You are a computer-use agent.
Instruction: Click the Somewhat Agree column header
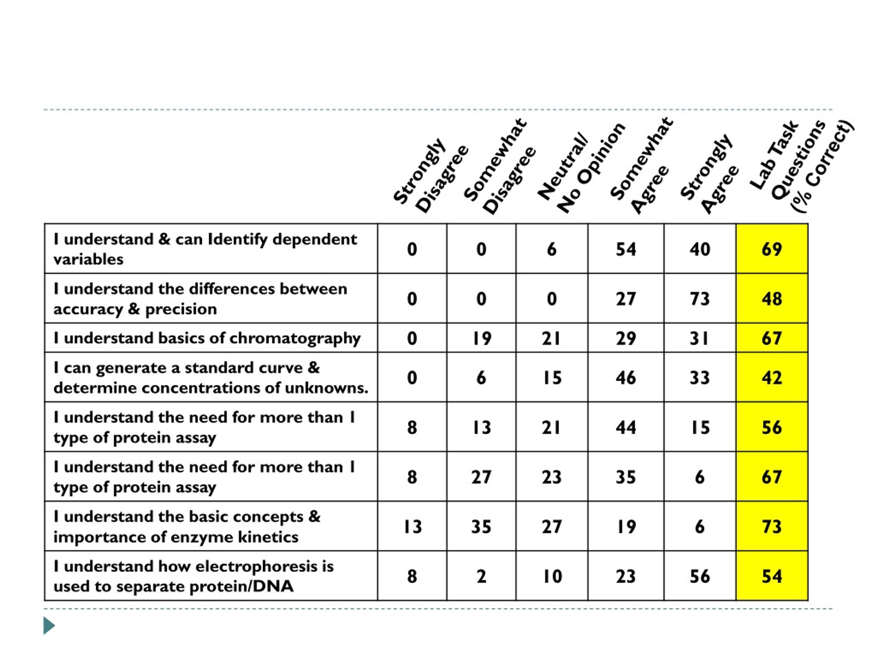click(642, 166)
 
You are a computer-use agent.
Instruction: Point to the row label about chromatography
click(207, 338)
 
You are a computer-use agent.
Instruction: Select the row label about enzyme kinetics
click(187, 526)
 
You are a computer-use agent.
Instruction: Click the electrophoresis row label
click(194, 576)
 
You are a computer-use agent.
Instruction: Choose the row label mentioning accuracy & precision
click(200, 299)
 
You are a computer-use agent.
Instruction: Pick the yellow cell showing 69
click(772, 249)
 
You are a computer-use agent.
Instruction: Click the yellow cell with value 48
click(772, 298)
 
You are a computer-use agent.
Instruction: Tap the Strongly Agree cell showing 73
click(700, 298)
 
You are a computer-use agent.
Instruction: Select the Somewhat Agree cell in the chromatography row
click(626, 338)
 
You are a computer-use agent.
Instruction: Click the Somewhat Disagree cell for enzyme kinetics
click(481, 526)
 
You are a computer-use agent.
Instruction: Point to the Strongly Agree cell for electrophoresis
click(700, 576)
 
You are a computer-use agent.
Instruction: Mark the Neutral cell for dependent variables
click(552, 249)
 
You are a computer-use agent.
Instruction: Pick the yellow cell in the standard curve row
click(772, 377)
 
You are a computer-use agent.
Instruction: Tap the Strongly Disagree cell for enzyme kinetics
click(412, 526)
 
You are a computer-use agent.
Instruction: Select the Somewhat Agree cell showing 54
click(626, 249)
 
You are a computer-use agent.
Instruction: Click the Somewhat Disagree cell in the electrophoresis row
click(481, 576)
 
